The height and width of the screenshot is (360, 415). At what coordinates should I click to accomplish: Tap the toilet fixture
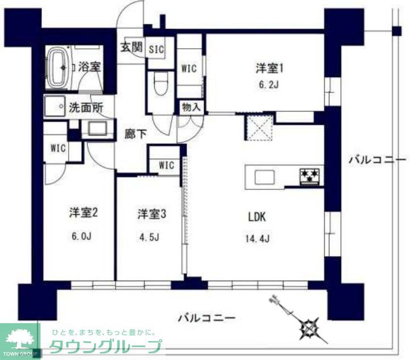[x=160, y=86]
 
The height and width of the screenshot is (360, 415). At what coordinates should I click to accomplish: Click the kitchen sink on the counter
[x=265, y=177]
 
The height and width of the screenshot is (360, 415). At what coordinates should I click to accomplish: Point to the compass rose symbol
[x=310, y=327]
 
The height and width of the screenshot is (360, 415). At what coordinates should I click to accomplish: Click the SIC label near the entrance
[x=156, y=49]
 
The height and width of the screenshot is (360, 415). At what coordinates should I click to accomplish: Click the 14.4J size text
[x=257, y=238]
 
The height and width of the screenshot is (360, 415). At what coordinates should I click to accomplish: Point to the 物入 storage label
[x=190, y=107]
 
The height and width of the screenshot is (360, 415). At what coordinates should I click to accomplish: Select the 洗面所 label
[x=86, y=106]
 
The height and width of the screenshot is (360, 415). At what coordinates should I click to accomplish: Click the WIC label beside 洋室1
[x=188, y=69]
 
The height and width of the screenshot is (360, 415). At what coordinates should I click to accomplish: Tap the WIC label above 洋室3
[x=166, y=166]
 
